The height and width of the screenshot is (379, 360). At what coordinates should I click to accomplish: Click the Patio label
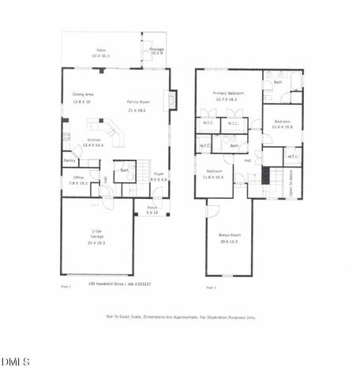coord(99,52)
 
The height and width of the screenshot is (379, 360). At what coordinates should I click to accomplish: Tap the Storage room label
coord(156,49)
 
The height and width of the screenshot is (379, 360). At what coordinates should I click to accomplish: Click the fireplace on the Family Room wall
coord(173,99)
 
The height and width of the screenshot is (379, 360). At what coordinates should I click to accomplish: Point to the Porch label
coord(152,208)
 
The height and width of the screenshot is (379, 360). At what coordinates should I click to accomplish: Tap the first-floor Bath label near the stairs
coord(125,170)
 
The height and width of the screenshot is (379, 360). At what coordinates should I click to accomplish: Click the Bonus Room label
coord(229,235)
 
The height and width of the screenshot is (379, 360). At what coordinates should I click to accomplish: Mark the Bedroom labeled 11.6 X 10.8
coord(283,123)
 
